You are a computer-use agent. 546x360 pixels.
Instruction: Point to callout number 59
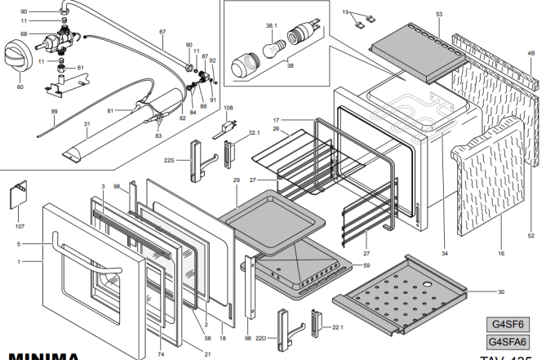[x=366, y=265]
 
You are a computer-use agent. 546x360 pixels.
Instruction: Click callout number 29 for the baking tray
[x=236, y=179]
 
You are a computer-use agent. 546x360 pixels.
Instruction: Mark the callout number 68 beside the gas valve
[x=24, y=33]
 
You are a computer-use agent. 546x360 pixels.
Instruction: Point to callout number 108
[x=229, y=108]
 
